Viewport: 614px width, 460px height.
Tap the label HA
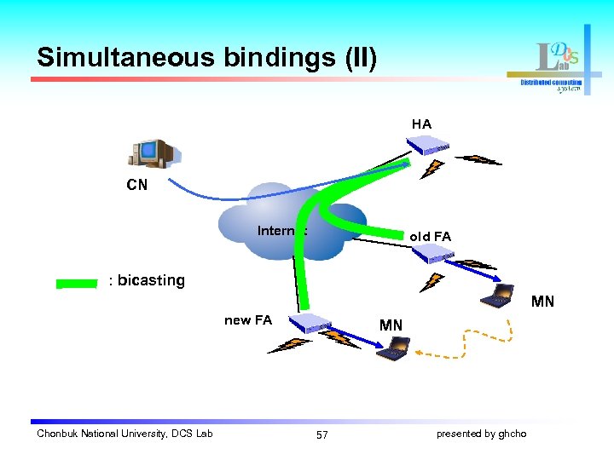[421, 124]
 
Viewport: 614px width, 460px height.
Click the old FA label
[430, 236]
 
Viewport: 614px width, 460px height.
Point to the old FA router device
[432, 253]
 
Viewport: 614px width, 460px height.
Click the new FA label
[248, 320]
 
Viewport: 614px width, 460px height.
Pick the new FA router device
[308, 322]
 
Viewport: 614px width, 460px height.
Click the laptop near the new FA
[394, 348]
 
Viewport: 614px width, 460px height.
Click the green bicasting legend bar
[78, 282]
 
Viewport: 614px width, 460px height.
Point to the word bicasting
[151, 280]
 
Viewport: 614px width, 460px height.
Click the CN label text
[136, 185]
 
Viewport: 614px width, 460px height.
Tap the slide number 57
[321, 434]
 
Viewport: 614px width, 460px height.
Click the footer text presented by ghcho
[481, 434]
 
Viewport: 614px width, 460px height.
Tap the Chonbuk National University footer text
[125, 434]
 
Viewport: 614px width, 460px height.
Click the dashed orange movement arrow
[478, 349]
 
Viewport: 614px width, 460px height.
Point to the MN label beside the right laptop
[542, 301]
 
